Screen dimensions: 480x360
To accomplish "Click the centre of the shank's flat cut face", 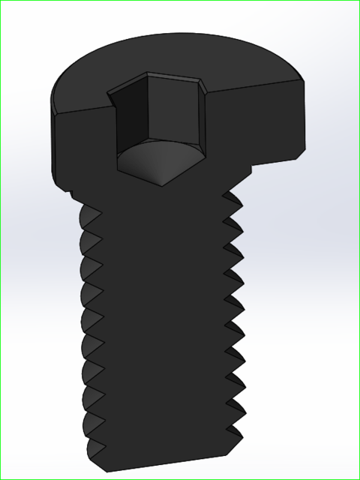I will tap(161, 322).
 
